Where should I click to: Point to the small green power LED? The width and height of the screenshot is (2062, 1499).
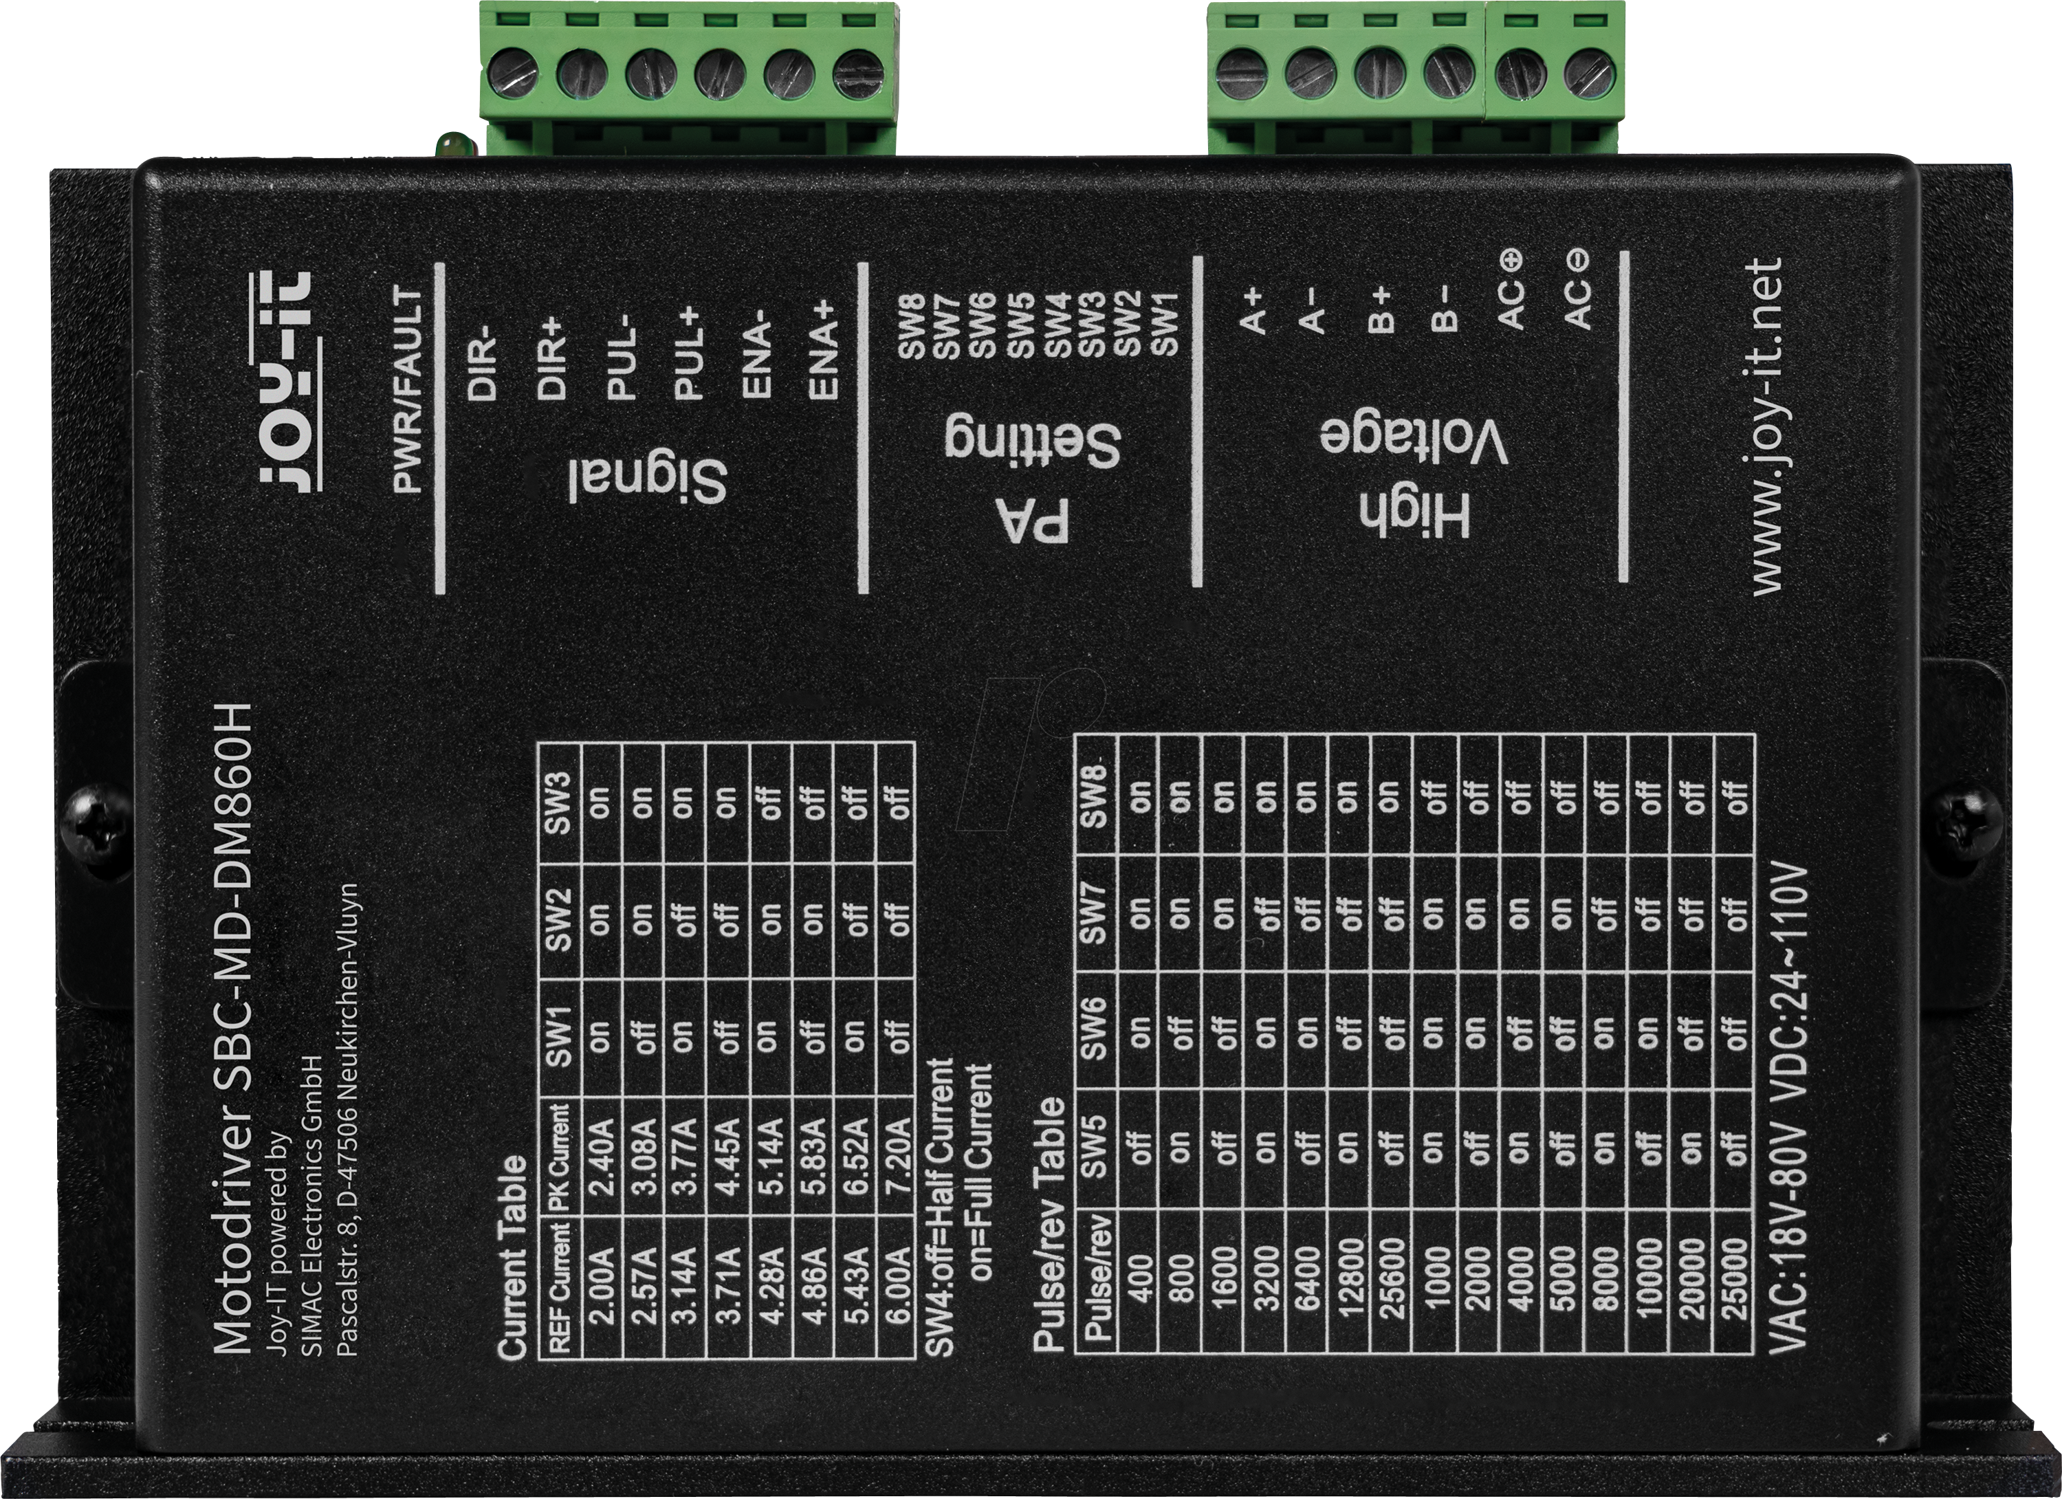coord(448,144)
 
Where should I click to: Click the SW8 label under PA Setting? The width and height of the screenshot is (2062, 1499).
coord(911,325)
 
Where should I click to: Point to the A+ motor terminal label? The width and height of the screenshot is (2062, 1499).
coord(1253,311)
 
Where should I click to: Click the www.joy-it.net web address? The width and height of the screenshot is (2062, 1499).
coord(1766,427)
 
